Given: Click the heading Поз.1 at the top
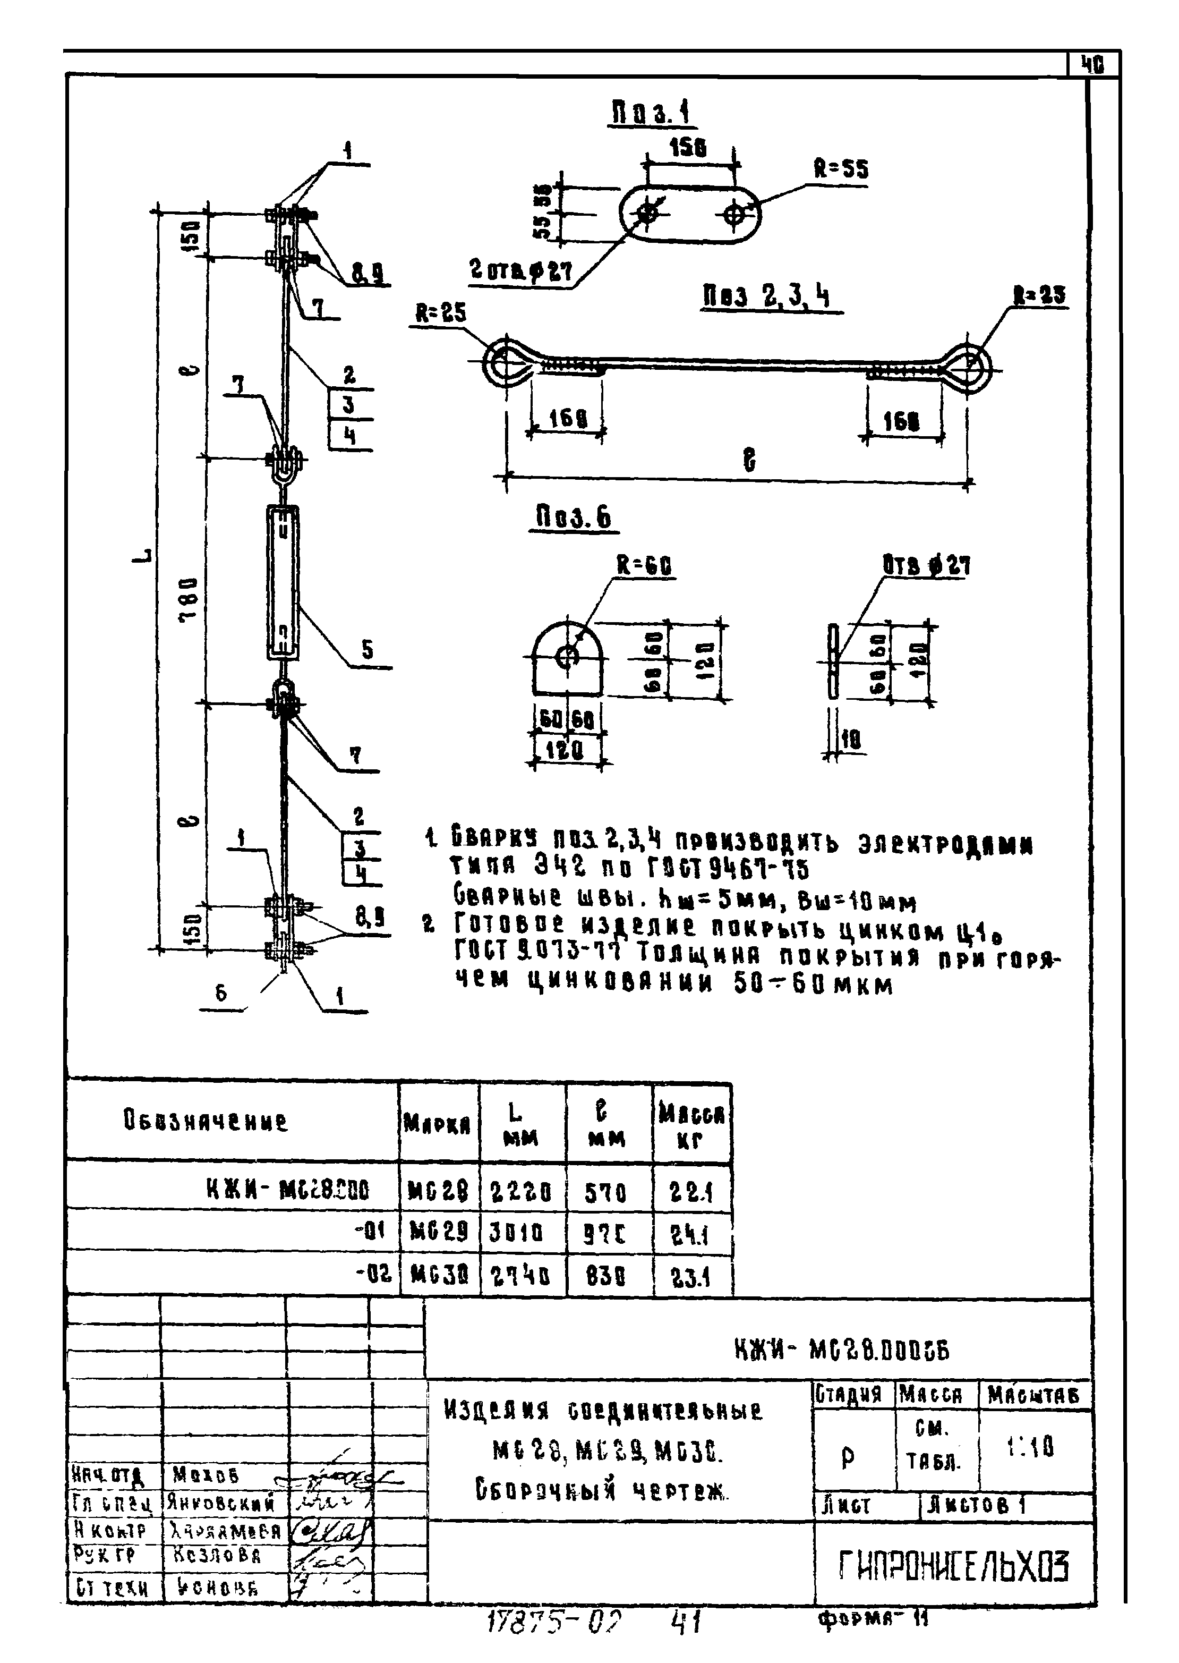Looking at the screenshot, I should point(651,113).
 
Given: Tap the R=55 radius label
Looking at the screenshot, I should point(840,169).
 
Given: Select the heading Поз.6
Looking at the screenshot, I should point(574,517).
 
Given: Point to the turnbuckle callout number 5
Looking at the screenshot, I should point(368,650).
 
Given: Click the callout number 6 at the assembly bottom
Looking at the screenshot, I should point(221,992).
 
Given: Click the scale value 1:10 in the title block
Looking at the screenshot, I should point(1030,1448).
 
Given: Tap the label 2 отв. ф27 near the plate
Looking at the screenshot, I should point(520,271).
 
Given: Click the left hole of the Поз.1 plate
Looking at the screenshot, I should point(647,214).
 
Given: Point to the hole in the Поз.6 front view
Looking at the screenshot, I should point(566,657).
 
